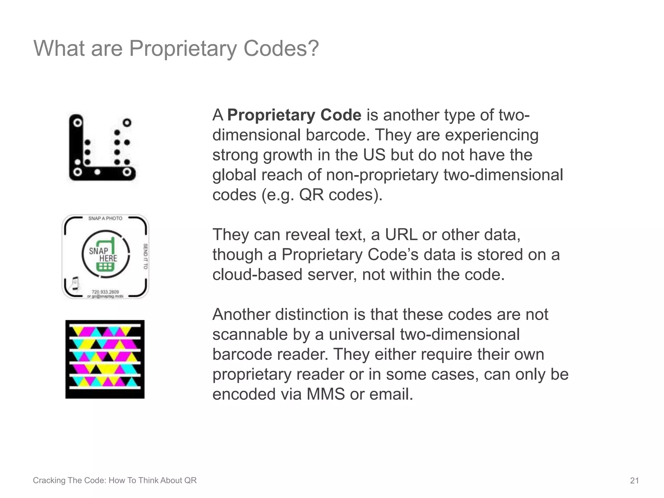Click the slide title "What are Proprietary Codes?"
pyautogui.click(x=176, y=48)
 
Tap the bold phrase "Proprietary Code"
pyautogui.click(x=294, y=115)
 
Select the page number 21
pyautogui.click(x=634, y=480)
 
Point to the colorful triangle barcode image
pyautogui.click(x=105, y=359)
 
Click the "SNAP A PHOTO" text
pyautogui.click(x=105, y=219)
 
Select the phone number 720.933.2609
pyautogui.click(x=105, y=292)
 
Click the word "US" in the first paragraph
pyautogui.click(x=374, y=155)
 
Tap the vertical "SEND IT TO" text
pyautogui.click(x=145, y=256)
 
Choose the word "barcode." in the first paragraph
pyautogui.click(x=338, y=135)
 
